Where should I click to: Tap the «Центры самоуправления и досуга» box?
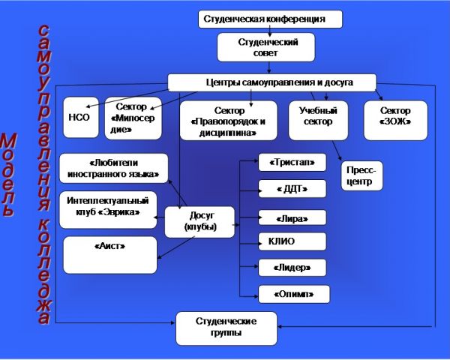pos(271,82)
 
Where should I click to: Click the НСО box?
pos(80,117)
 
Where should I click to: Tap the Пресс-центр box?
pos(361,176)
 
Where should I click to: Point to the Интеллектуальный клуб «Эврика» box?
pos(108,208)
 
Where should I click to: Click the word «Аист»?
pos(109,246)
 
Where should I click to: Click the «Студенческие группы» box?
pos(226,328)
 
